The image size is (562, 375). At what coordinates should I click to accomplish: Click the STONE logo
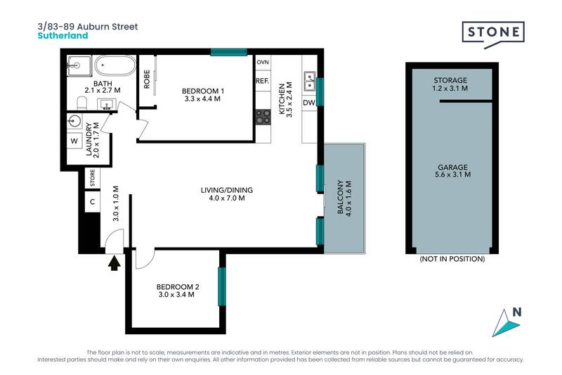coord(492,33)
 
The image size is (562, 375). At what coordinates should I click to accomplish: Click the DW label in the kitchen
coord(309,103)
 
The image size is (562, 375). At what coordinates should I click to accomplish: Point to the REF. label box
coord(263,82)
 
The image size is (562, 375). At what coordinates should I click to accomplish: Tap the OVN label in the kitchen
coord(263,63)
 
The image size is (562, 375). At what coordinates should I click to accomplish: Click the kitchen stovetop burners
coord(263,117)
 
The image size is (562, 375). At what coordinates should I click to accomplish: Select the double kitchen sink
coord(309,82)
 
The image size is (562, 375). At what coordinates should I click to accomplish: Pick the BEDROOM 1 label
coord(202,95)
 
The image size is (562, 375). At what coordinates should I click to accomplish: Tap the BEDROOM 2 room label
coord(177,290)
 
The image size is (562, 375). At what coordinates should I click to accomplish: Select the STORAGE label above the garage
coord(450,84)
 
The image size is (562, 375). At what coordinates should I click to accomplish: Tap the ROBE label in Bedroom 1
coord(148,79)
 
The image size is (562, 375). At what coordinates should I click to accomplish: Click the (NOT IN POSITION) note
coord(452,259)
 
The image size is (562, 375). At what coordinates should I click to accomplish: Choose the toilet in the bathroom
coord(79,104)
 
